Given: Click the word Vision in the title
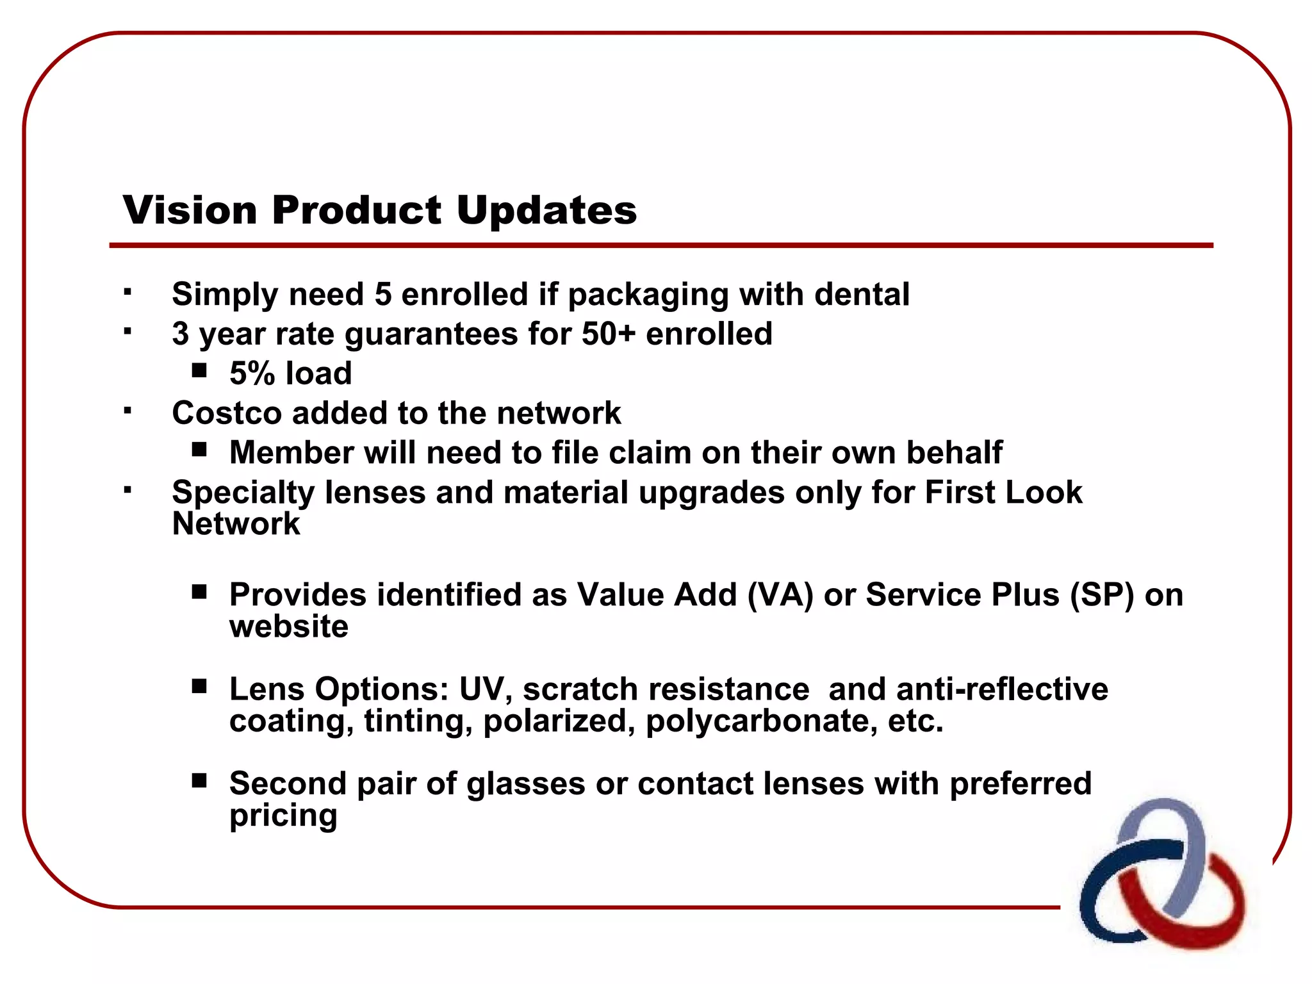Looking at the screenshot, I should pos(190,210).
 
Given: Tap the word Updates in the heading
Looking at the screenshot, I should pos(546,210).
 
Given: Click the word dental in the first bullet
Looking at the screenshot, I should pos(862,294).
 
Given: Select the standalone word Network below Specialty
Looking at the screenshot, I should pos(236,524).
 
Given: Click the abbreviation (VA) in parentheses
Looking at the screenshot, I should pos(780,594).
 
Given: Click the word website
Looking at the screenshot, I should pos(289,627).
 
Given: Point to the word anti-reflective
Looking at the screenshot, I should pos(1002,689).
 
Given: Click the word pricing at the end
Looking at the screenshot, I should pos(283,816).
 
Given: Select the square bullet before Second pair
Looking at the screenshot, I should pos(199,780).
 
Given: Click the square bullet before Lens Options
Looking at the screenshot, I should pos(199,686).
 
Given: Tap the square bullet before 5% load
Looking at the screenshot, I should pos(199,370).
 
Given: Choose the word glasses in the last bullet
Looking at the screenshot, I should pos(525,784).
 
